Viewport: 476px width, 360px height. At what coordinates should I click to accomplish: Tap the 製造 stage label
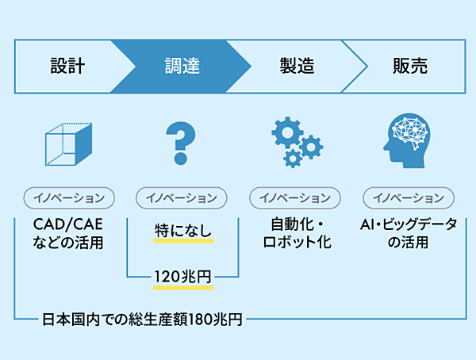click(x=297, y=66)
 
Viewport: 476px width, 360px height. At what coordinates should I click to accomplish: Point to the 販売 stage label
click(x=410, y=66)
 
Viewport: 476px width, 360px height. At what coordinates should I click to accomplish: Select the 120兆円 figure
click(x=182, y=277)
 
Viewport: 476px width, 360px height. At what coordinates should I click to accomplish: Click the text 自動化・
click(x=296, y=224)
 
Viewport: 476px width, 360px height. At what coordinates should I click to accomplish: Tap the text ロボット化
click(x=296, y=242)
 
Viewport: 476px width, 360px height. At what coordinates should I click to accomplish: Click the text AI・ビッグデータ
click(x=409, y=224)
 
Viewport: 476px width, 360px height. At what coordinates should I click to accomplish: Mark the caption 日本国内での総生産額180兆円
click(x=142, y=320)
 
